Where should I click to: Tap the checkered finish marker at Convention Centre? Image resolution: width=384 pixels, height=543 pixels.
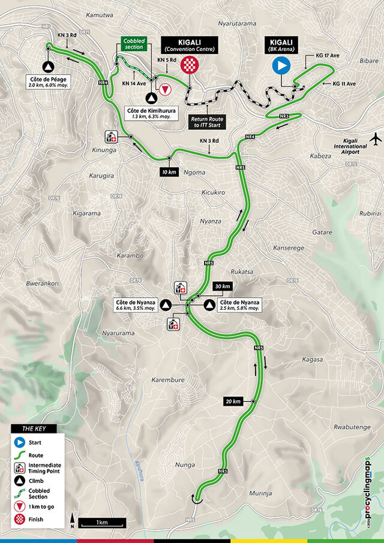pyautogui.click(x=190, y=65)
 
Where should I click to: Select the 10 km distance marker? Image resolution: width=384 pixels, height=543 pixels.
pyautogui.click(x=169, y=172)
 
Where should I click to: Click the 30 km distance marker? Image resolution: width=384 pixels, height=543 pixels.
pyautogui.click(x=222, y=286)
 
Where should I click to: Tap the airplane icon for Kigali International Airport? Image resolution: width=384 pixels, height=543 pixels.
pyautogui.click(x=376, y=139)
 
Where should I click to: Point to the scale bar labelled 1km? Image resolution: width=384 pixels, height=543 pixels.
pyautogui.click(x=101, y=522)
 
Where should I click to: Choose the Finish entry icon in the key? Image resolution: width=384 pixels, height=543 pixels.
pyautogui.click(x=20, y=519)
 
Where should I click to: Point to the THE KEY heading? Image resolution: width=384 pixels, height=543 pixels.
pyautogui.click(x=34, y=429)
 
